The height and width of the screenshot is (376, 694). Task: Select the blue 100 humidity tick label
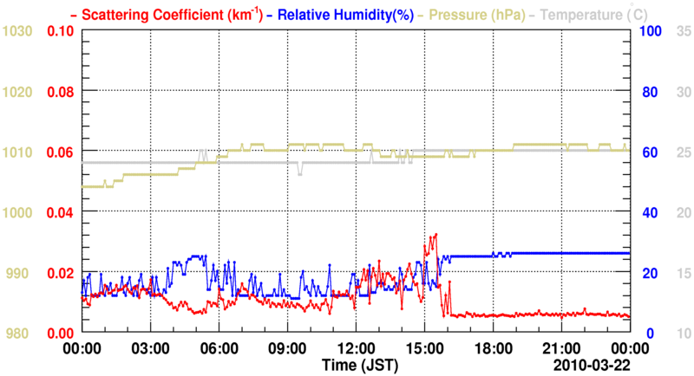click(651, 31)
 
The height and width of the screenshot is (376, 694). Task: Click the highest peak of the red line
click(435, 234)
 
